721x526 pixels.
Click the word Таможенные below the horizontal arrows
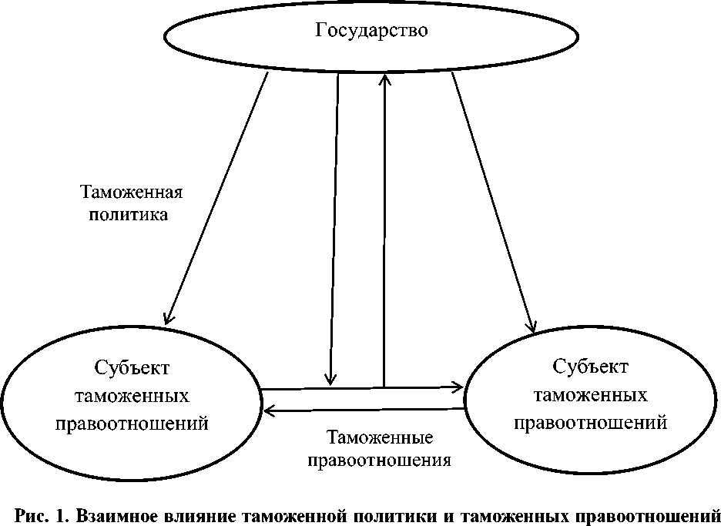coord(380,438)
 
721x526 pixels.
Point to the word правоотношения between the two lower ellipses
coord(380,461)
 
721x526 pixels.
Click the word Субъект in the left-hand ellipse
coord(132,367)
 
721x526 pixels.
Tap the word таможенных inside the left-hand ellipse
coord(132,396)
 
